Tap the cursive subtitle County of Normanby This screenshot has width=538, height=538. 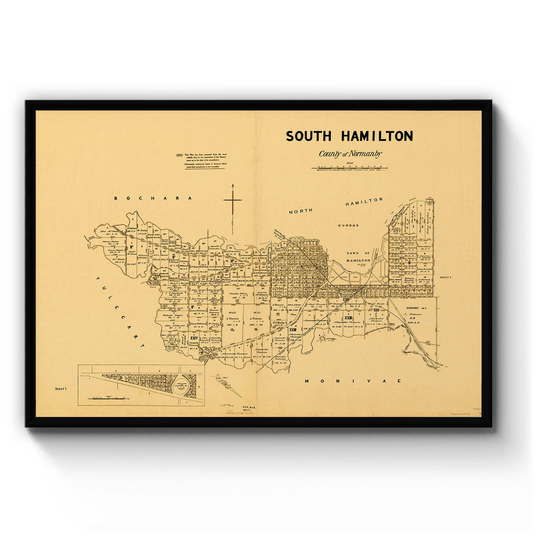(350, 154)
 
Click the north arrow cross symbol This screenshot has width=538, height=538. (233, 201)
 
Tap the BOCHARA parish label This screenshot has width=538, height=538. (153, 198)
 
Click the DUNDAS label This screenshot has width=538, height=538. (348, 226)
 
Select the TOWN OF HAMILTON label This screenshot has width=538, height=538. (358, 257)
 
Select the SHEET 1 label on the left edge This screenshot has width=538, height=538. (60, 389)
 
